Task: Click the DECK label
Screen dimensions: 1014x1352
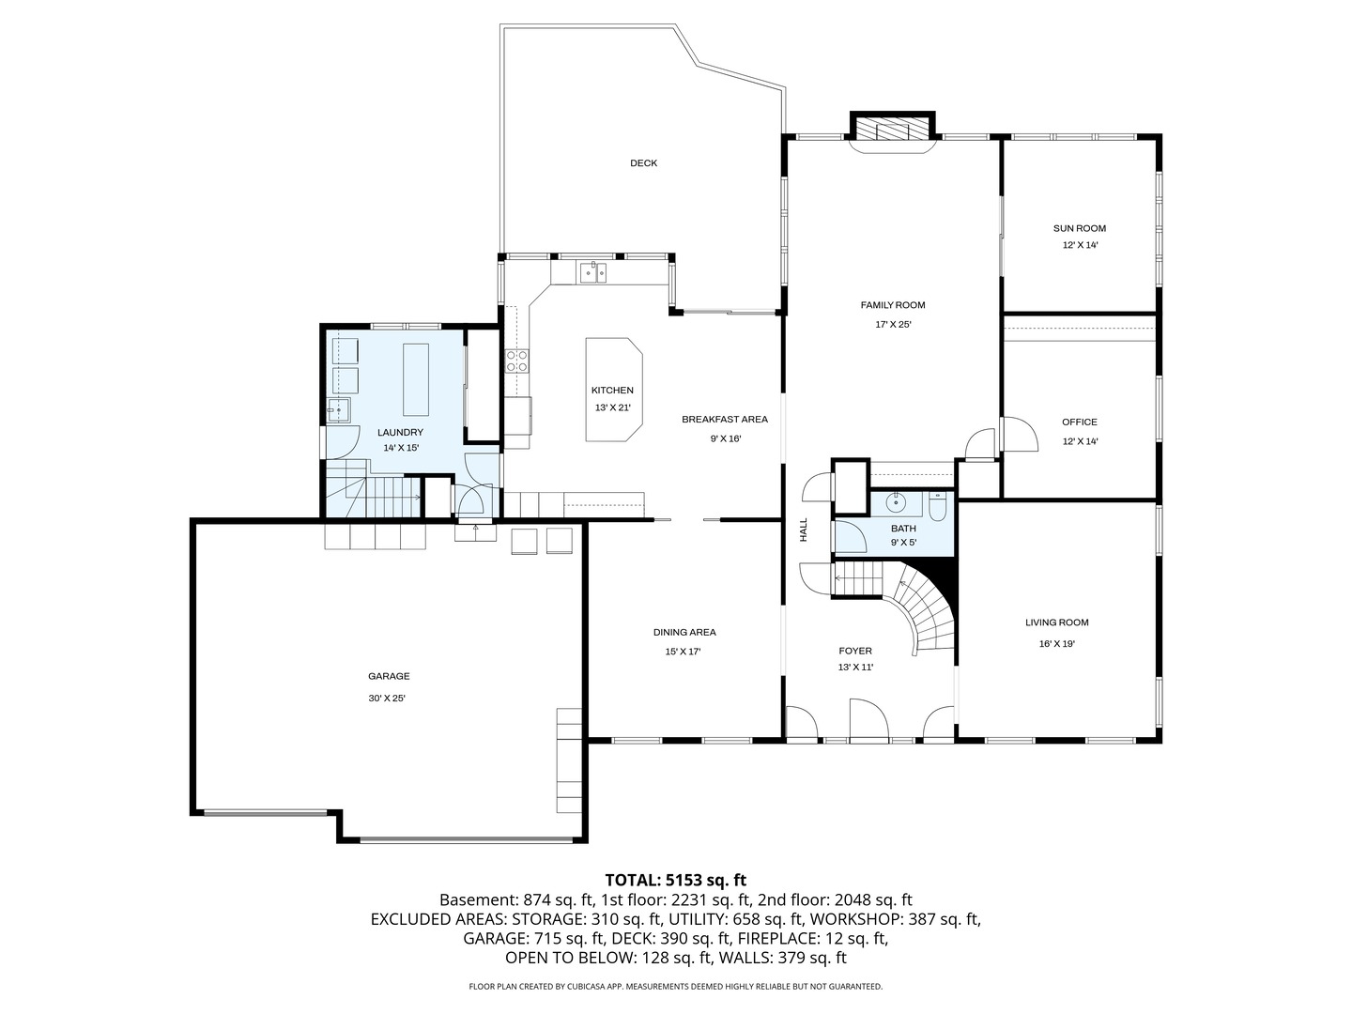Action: (643, 163)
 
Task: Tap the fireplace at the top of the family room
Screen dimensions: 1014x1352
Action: (893, 130)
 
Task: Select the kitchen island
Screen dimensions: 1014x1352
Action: (613, 390)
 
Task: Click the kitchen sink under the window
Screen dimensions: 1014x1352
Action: (592, 273)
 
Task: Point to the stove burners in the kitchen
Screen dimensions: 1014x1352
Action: (517, 361)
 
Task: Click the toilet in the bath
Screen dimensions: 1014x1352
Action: (937, 508)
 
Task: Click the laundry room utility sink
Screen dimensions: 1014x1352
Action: (339, 410)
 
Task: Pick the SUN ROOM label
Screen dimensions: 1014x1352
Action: (1080, 228)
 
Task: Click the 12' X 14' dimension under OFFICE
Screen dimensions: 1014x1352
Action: (1080, 441)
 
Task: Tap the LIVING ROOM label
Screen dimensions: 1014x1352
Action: (1056, 622)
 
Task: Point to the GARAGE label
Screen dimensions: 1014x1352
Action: (389, 676)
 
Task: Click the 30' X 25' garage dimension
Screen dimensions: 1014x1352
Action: (387, 699)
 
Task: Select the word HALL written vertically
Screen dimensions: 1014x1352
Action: (804, 530)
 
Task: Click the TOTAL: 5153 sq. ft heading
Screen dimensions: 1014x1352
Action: (675, 880)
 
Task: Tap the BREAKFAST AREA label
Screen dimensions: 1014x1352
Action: (725, 420)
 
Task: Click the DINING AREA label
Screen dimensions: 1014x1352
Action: (684, 633)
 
